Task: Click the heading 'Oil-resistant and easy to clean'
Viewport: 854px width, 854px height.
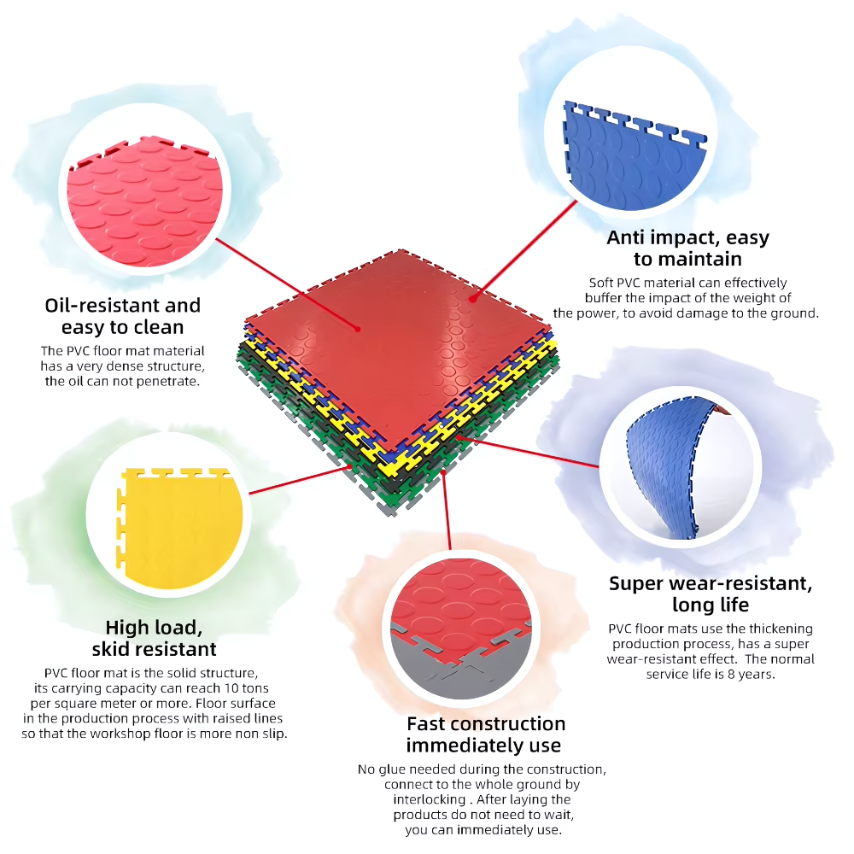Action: click(122, 316)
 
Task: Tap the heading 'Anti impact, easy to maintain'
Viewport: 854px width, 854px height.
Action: click(687, 248)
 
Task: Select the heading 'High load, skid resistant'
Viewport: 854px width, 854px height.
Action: click(154, 638)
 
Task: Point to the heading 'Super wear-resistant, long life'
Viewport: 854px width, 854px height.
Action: click(711, 594)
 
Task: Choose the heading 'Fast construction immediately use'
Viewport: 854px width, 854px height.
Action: click(485, 734)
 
